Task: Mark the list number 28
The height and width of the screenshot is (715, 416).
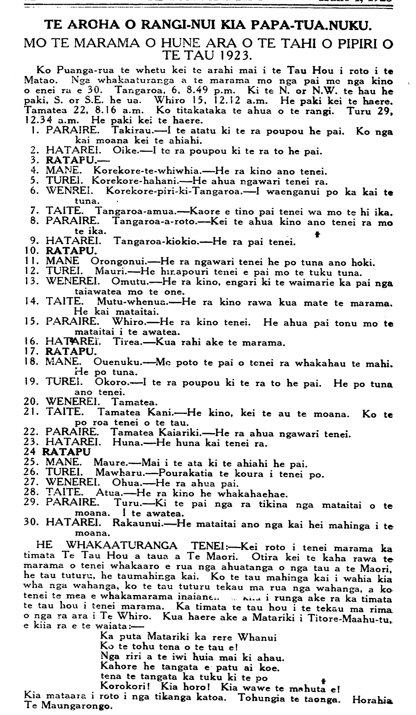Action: [x=31, y=495]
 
